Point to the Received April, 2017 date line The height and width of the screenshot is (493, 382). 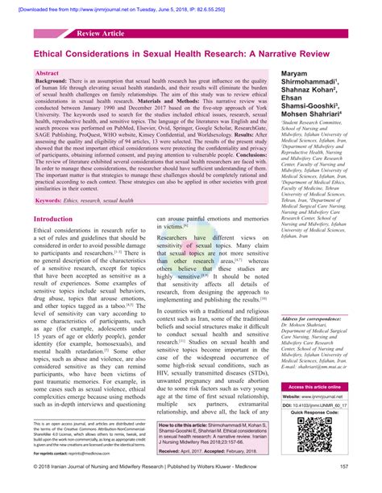188,453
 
